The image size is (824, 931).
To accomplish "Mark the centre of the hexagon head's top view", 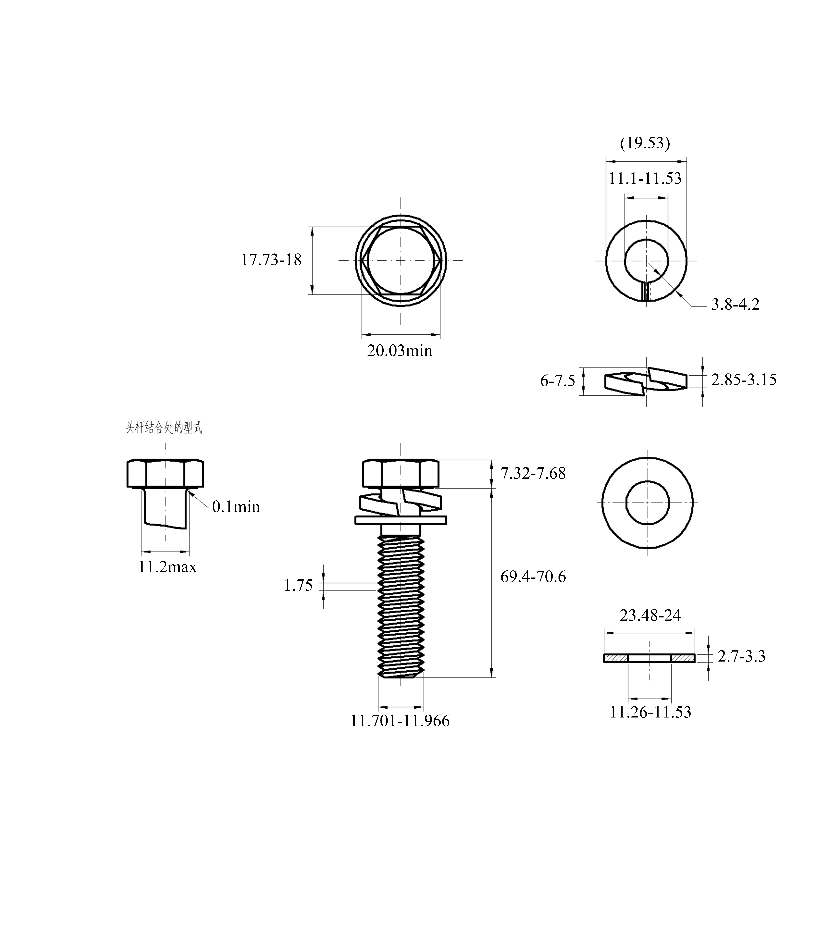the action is [401, 261].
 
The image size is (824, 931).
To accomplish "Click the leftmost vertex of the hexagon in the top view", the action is [361, 261].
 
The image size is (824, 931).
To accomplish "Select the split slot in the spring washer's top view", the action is [646, 292].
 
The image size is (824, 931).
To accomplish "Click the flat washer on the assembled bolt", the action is [401, 520].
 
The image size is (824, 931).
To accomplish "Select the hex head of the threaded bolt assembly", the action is [401, 474].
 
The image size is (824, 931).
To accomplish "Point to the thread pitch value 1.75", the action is [298, 585].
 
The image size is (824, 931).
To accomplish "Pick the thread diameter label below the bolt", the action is [400, 721].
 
